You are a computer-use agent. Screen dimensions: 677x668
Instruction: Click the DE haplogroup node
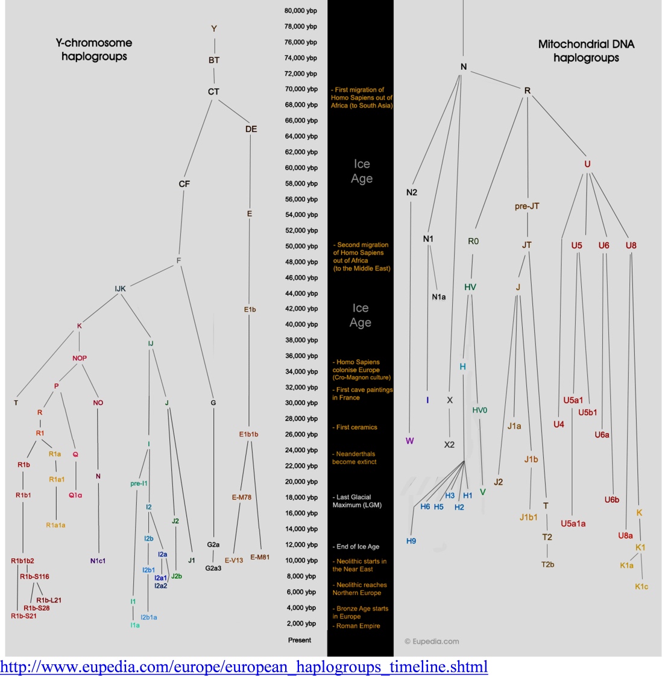click(251, 129)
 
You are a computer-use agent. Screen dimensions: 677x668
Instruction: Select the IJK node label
click(121, 289)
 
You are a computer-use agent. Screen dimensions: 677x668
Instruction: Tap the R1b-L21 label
click(49, 600)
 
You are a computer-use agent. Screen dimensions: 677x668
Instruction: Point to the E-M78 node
click(242, 497)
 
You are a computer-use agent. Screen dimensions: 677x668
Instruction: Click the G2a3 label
click(213, 568)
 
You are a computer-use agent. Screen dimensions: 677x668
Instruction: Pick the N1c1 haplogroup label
click(98, 561)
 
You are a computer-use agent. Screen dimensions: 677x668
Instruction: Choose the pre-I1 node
click(139, 483)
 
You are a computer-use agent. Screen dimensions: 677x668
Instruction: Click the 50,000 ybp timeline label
click(301, 246)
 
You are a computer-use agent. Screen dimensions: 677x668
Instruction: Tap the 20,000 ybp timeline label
click(301, 482)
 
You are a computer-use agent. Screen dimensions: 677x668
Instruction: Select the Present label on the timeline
click(300, 640)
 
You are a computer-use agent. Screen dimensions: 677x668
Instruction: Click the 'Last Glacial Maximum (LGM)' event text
click(356, 501)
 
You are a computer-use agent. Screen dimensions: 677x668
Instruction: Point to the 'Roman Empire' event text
click(358, 626)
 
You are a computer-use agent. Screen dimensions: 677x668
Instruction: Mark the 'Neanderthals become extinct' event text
click(354, 458)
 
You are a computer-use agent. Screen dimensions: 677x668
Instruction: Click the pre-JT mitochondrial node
click(527, 206)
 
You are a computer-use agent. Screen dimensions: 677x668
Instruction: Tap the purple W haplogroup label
click(410, 441)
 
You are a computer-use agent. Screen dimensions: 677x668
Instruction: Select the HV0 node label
click(480, 411)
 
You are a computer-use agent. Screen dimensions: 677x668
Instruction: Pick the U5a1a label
click(573, 523)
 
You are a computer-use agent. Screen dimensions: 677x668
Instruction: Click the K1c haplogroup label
click(641, 587)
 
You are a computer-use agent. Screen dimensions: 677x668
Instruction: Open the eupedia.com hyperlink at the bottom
click(244, 667)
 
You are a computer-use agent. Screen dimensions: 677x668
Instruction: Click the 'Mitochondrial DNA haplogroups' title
click(586, 51)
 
